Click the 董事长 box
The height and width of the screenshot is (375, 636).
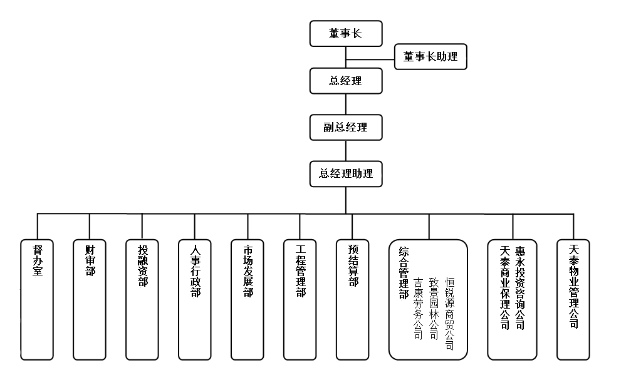click(x=346, y=34)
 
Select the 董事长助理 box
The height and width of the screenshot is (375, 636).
click(x=430, y=57)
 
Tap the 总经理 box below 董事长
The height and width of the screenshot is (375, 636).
click(x=346, y=81)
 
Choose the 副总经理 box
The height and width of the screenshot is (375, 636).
click(x=346, y=127)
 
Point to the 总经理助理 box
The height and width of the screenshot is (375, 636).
click(x=346, y=174)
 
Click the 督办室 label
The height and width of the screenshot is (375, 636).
click(x=38, y=260)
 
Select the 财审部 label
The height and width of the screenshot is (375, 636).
click(x=90, y=260)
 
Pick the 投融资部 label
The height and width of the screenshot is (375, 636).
click(x=142, y=265)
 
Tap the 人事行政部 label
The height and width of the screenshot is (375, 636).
click(x=195, y=271)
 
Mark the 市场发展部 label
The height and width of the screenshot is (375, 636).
click(x=248, y=271)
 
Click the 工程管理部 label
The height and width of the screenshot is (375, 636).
click(x=300, y=271)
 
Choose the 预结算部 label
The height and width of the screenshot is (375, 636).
click(x=353, y=265)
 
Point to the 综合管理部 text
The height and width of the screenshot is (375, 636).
click(x=404, y=272)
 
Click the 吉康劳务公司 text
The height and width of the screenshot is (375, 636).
click(x=418, y=309)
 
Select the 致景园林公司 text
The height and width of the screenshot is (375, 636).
click(x=434, y=309)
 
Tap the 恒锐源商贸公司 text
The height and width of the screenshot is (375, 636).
click(x=449, y=314)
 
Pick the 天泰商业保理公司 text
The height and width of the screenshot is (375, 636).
click(x=504, y=287)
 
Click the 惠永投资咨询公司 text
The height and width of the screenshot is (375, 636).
click(x=520, y=287)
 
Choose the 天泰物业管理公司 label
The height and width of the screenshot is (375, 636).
click(x=573, y=286)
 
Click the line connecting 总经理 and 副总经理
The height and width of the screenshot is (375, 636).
click(x=346, y=104)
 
